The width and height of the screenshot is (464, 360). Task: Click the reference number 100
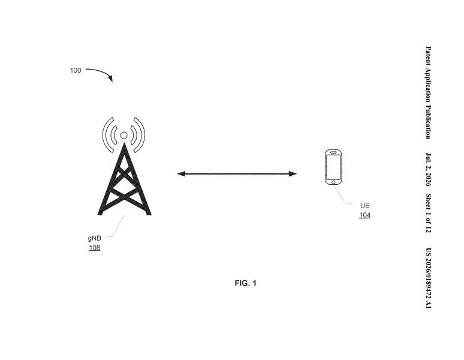coord(76,70)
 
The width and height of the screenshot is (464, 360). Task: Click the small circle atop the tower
coord(123,135)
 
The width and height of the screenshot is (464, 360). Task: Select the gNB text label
coord(94,238)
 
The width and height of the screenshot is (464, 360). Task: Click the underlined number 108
coord(94,247)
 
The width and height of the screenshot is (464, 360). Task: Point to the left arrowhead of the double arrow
coord(181,174)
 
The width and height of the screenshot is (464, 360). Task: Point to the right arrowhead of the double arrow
coord(293,174)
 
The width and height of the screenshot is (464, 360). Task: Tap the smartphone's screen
coord(333,166)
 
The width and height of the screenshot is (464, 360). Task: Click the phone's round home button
coord(333,182)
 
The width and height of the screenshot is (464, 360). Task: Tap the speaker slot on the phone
coord(333,152)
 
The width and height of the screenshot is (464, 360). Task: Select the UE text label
coord(365,205)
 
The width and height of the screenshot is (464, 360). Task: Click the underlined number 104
coord(365,215)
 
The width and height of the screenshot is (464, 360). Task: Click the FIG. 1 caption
coord(246,283)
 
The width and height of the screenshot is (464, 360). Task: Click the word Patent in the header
coord(428,56)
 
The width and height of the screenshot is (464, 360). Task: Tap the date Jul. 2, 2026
coord(428,169)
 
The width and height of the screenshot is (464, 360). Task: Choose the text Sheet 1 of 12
coord(428,213)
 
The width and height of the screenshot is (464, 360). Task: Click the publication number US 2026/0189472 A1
coord(428,278)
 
